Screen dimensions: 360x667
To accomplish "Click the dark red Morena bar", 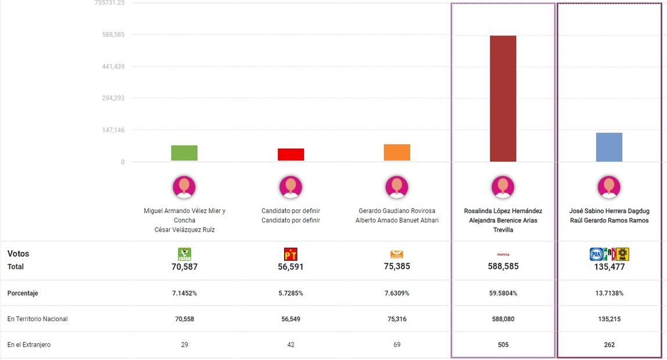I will pos(503,99).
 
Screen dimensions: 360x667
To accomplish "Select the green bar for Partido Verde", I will pos(184,153).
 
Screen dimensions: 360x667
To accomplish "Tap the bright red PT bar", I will pos(291,154).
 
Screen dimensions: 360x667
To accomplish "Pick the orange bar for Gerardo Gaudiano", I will pos(397,152).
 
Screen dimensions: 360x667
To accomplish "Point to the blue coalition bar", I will pos(609,147).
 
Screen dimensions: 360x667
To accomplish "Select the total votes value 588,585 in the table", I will pos(503,267).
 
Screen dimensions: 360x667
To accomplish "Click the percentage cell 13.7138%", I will pos(609,293).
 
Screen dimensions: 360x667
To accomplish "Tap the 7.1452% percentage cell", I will pos(184,293).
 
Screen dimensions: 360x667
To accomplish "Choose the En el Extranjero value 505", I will pos(503,345).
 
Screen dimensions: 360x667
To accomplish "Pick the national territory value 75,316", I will pos(397,319).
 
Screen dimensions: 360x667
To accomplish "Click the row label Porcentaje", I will pos(23,293).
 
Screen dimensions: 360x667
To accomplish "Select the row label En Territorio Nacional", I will pos(37,319).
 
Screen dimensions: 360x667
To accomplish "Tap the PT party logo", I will pos(291,254).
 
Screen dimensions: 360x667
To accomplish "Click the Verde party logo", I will pos(184,254).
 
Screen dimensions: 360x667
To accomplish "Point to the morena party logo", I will pos(503,254).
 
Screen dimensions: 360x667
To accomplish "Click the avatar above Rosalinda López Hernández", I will pos(503,187).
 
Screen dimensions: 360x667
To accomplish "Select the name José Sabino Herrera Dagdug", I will pos(609,211).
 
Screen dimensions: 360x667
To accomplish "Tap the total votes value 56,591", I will pos(291,267).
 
